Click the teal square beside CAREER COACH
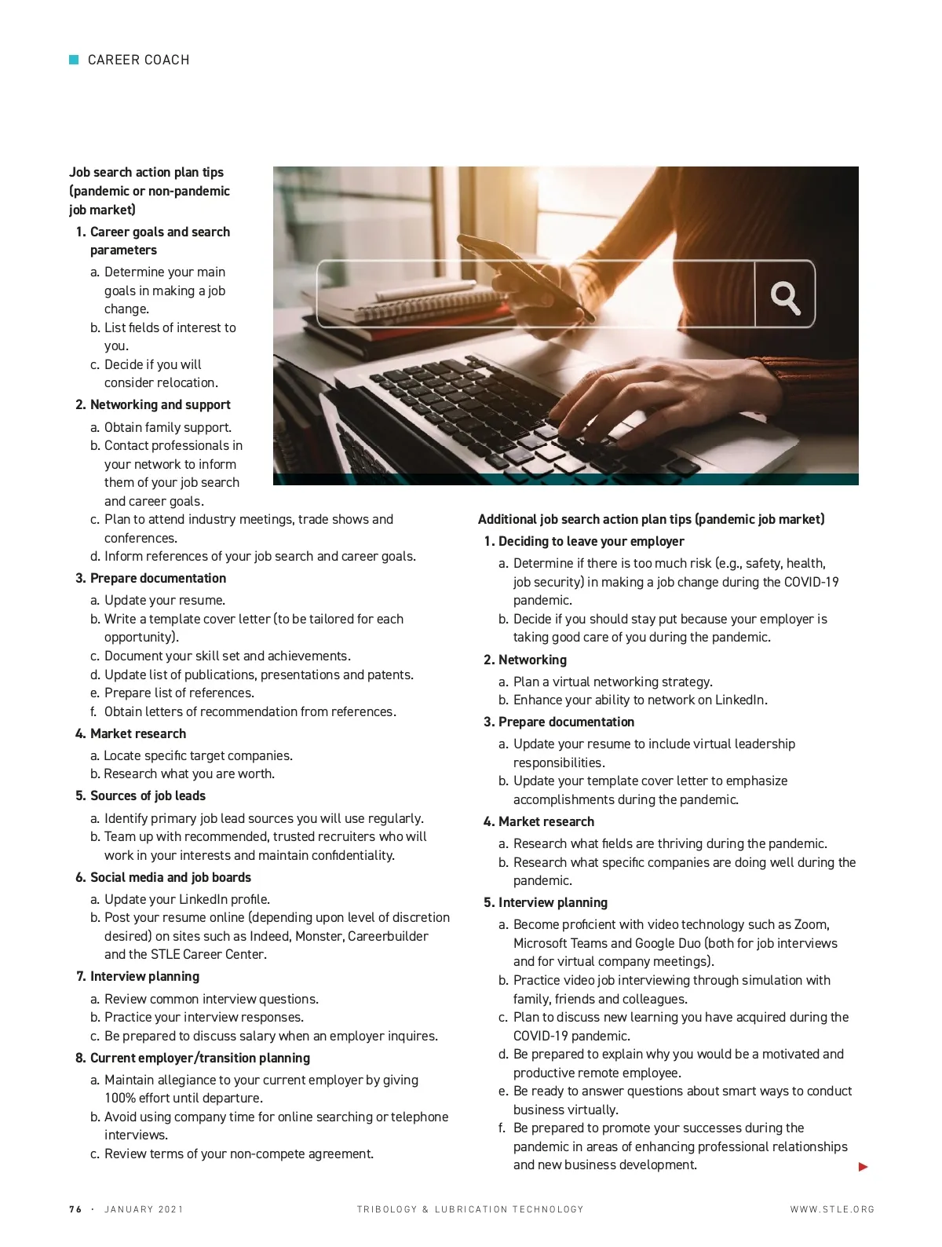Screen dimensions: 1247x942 pos(74,60)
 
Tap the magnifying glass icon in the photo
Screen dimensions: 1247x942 pos(785,297)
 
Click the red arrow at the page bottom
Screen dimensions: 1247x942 pos(863,1167)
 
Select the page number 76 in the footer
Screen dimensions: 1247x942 pos(75,1209)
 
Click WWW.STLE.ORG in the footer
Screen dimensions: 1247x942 pos(832,1209)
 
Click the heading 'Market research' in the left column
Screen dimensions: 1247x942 pos(138,733)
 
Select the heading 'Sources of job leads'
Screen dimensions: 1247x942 pos(148,795)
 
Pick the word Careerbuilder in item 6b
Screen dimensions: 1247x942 pos(388,936)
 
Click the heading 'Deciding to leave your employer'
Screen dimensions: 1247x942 pos(591,541)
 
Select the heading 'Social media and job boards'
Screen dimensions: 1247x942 pos(170,877)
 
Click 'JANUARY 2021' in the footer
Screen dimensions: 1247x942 pos(144,1209)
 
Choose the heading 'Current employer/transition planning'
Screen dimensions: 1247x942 pos(200,1058)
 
